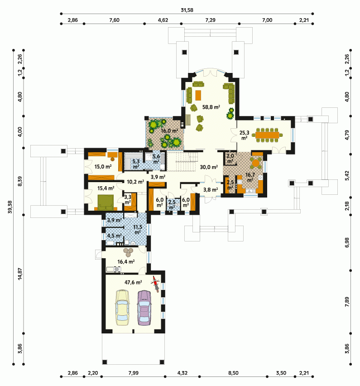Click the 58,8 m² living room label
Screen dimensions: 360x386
coord(211,107)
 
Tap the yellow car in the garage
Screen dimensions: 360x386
coord(122,308)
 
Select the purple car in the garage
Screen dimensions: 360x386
coord(144,308)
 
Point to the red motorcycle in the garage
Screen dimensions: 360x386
coord(155,284)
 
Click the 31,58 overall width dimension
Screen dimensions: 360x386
coord(187,10)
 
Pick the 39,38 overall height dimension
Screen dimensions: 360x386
coord(10,207)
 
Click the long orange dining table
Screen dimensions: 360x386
coord(267,135)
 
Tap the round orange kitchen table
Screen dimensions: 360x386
coord(256,163)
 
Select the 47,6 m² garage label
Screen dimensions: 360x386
coord(133,282)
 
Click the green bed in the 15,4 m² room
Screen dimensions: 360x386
coord(106,202)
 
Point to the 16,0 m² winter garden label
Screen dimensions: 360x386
coord(169,131)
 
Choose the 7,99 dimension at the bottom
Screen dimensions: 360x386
coord(134,373)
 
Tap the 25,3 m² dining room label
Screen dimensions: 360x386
coord(245,135)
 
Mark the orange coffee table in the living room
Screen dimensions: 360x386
coord(198,95)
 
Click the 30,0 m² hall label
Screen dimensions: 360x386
coord(209,167)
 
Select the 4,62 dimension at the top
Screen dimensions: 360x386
coord(163,20)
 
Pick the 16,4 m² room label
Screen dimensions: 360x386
coord(126,261)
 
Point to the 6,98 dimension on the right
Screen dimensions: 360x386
coord(347,242)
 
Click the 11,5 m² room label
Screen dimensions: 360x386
coord(138,229)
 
